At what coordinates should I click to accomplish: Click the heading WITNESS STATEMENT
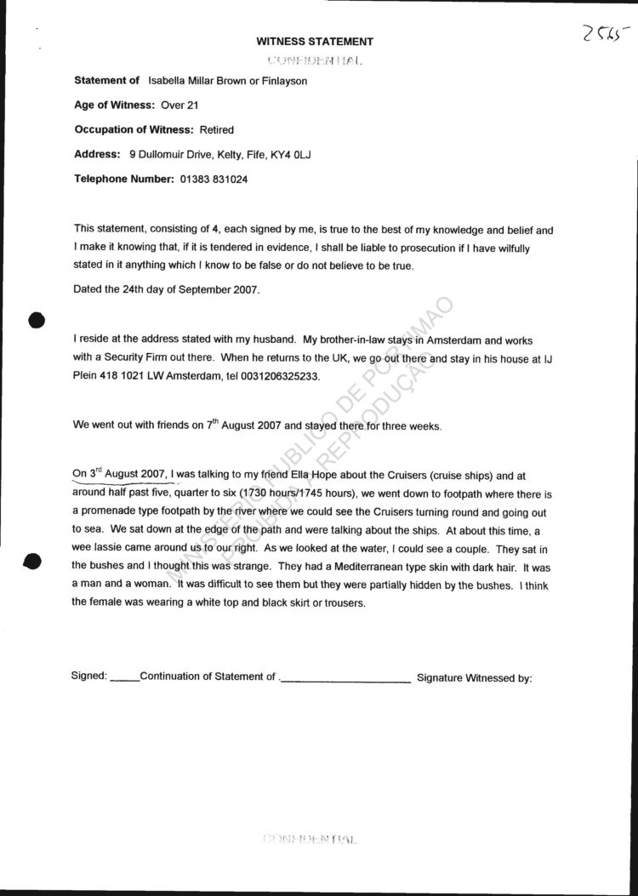click(x=315, y=41)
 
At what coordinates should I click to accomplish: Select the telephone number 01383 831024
click(x=214, y=180)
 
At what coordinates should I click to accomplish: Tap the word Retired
click(x=216, y=130)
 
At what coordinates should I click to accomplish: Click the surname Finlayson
click(x=282, y=81)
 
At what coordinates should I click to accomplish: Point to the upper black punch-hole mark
click(x=36, y=321)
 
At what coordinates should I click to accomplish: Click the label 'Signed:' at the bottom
click(x=89, y=677)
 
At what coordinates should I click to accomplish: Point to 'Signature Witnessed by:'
click(x=474, y=678)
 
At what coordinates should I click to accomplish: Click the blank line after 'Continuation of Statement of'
click(x=345, y=680)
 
